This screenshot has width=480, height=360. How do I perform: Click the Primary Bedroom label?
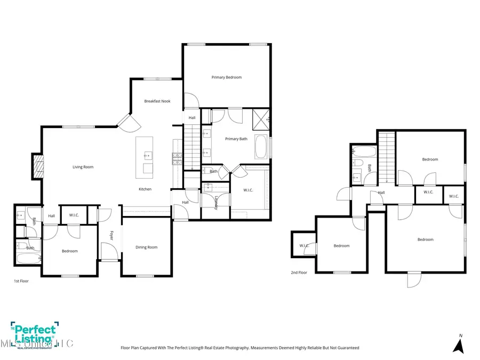[x=226, y=77]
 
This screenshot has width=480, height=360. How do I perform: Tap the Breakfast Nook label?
[x=157, y=101]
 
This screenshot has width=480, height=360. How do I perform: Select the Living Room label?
[x=83, y=167]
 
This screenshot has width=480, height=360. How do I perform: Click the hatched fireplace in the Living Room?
[x=38, y=166]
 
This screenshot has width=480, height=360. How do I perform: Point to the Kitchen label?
[x=145, y=189]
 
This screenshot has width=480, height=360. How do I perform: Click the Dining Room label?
[x=146, y=247]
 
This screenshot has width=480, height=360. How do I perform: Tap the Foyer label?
[x=112, y=235]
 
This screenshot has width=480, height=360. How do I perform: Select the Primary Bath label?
[x=236, y=139]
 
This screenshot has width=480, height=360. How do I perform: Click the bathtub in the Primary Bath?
[x=261, y=147]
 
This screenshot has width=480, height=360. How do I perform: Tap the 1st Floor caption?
[x=22, y=281]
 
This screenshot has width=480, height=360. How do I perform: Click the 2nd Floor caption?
[x=299, y=273]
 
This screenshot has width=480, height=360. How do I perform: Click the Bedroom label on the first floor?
[x=69, y=251]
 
